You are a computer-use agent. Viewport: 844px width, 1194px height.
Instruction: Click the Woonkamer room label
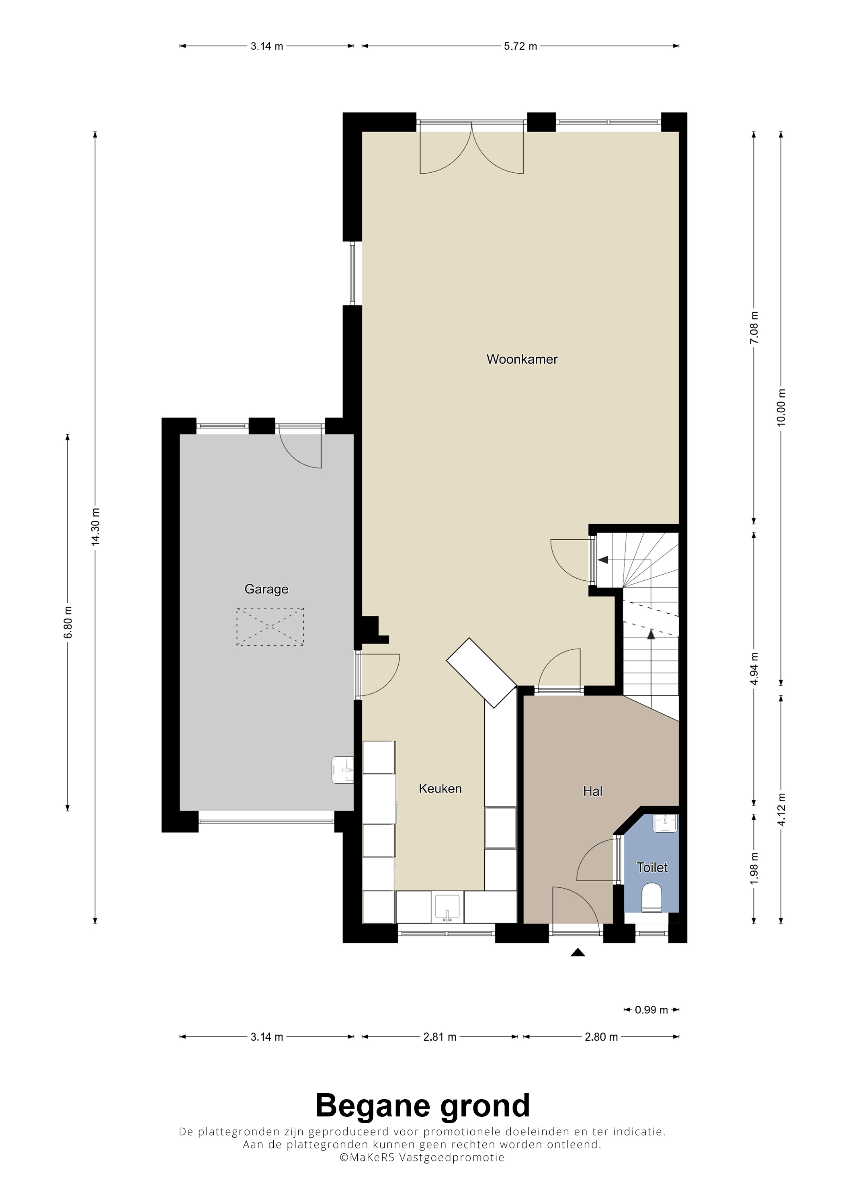click(x=522, y=359)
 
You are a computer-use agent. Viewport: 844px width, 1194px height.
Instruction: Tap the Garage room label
click(x=266, y=589)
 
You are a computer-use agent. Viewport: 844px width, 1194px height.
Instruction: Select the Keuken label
click(x=440, y=788)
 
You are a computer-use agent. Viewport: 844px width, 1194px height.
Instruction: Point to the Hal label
click(x=592, y=791)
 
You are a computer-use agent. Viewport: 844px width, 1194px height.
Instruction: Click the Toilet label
click(x=652, y=867)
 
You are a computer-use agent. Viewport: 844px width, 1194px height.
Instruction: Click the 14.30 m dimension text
click(x=95, y=526)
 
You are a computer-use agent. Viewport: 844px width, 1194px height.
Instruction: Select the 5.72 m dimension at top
click(x=520, y=46)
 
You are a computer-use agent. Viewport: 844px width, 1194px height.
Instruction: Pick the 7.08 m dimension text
click(x=754, y=327)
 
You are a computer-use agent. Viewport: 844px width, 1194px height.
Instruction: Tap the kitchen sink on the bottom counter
click(x=447, y=907)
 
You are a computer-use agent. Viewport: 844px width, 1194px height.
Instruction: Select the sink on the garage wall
click(x=343, y=770)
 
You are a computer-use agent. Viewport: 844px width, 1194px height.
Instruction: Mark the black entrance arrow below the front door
click(x=578, y=952)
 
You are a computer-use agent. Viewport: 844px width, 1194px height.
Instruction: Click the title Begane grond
click(x=422, y=1106)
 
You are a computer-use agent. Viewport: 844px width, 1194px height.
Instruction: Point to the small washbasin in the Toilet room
click(x=665, y=823)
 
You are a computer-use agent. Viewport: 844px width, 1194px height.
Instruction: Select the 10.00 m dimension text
click(x=781, y=407)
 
